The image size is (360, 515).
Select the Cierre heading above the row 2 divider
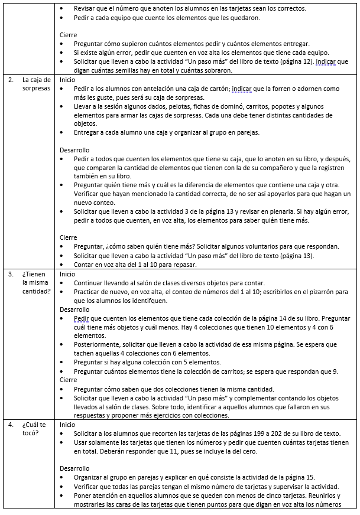tap(69, 35)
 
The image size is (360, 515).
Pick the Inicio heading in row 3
tap(68, 274)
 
